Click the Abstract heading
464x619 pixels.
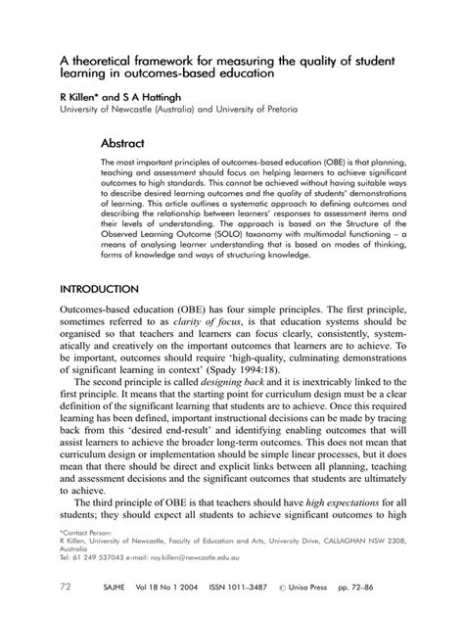pyautogui.click(x=125, y=142)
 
